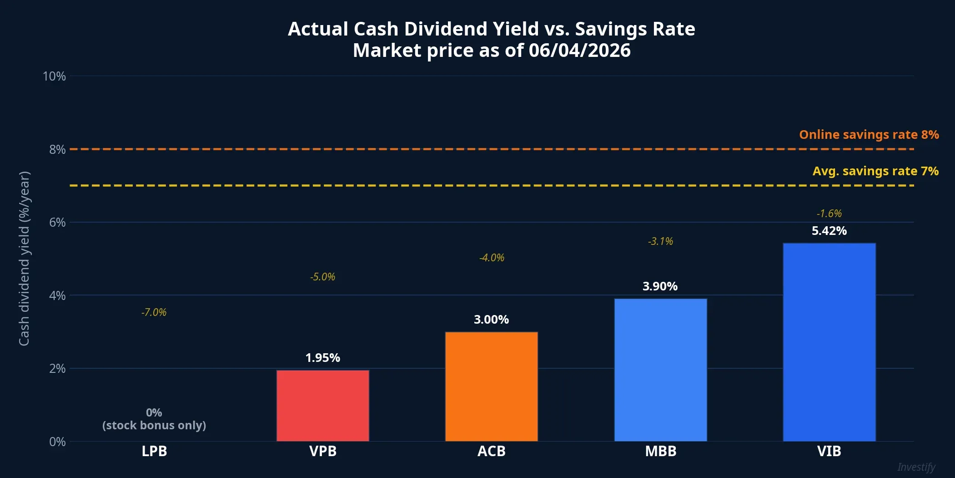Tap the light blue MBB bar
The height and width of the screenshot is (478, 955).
pos(660,370)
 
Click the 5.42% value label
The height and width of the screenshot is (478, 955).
pos(829,231)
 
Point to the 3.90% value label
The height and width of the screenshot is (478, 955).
pos(660,286)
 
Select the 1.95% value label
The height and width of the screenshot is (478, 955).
pos(323,358)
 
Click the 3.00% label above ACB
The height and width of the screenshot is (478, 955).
pos(491,320)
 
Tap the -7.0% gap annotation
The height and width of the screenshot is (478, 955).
pos(154,312)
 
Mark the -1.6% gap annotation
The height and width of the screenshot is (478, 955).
pos(829,214)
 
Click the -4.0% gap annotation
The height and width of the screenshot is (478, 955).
pos(492,258)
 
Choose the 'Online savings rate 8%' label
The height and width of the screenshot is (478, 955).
pos(869,135)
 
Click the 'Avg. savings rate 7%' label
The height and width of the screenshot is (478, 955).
pos(875,171)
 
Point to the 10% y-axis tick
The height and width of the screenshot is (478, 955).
pos(54,76)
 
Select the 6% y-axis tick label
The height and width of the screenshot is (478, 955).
pos(57,223)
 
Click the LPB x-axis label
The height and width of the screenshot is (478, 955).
pos(154,451)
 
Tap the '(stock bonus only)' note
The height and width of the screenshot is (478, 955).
pos(154,425)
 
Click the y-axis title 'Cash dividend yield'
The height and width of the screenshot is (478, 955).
pos(24,258)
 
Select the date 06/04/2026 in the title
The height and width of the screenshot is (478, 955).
pos(579,51)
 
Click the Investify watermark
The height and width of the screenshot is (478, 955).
pos(916,467)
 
